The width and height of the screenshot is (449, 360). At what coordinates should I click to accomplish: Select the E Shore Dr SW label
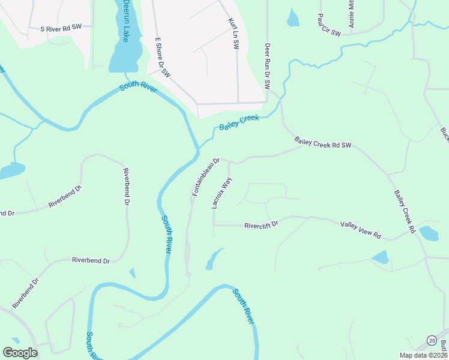[x=163, y=57]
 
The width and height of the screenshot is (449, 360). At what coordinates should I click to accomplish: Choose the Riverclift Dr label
[x=261, y=226]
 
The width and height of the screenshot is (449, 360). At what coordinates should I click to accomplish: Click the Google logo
[x=20, y=353]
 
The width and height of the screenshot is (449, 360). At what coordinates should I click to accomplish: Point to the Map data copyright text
[x=423, y=355]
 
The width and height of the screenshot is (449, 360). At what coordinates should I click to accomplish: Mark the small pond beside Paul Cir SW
[x=293, y=19]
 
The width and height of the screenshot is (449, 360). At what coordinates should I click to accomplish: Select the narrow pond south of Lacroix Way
[x=211, y=260]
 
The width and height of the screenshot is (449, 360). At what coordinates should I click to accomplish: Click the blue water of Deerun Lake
[x=124, y=57]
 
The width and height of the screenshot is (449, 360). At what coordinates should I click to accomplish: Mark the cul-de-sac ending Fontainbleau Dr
[x=188, y=274]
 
